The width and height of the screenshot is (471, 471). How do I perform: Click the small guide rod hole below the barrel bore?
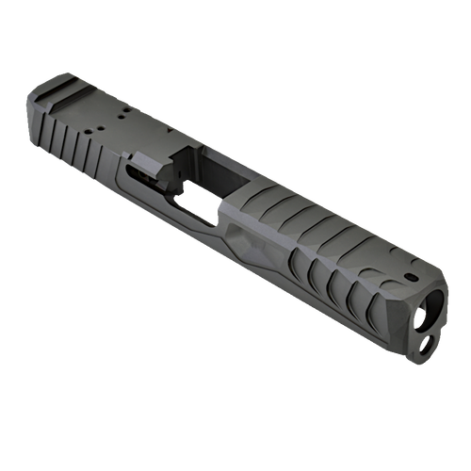426,346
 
